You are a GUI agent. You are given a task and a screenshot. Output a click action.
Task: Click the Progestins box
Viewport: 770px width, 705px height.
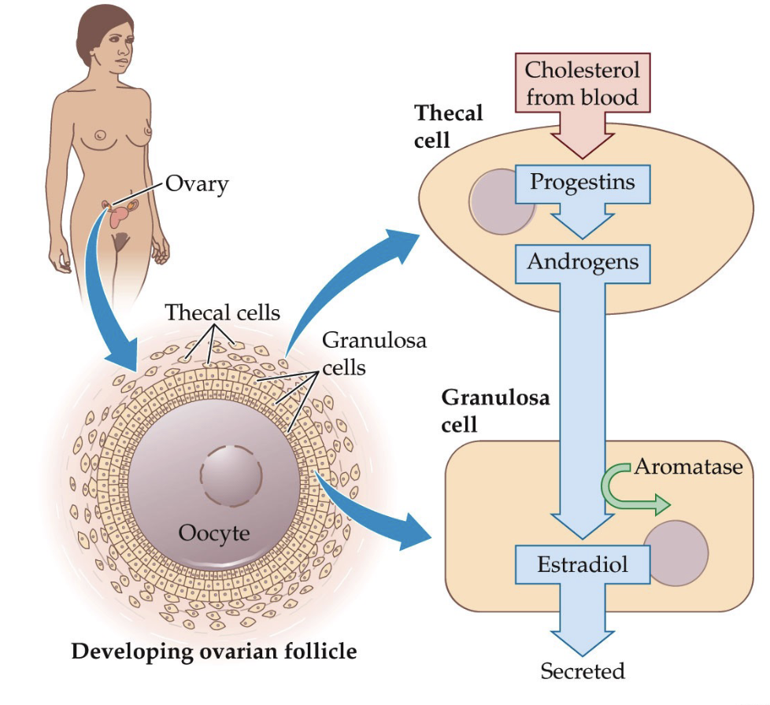click(x=583, y=183)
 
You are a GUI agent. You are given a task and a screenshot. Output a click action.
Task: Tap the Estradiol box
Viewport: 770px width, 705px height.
click(x=583, y=564)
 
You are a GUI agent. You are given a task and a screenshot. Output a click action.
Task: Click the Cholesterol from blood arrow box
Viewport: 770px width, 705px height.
click(x=583, y=84)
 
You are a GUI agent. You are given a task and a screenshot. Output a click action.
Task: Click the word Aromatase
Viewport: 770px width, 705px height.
click(x=688, y=467)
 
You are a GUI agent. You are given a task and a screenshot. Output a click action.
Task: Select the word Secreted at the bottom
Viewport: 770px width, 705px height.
click(x=583, y=671)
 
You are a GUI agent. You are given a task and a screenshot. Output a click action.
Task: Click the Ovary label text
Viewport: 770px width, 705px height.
click(x=197, y=184)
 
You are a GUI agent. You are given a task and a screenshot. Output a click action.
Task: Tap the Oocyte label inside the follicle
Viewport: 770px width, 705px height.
click(x=214, y=533)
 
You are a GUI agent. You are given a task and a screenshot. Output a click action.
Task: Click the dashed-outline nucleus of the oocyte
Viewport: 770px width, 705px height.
click(x=231, y=477)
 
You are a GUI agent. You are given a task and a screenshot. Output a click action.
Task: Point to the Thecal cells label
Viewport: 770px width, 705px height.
click(x=223, y=312)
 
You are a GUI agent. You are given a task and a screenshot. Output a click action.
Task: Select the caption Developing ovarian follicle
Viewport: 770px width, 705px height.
click(x=214, y=651)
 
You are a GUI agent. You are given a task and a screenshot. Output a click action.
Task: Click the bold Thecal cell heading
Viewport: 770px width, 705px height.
click(x=448, y=126)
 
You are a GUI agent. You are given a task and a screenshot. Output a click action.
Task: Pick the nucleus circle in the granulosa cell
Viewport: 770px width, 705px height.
click(x=676, y=553)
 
